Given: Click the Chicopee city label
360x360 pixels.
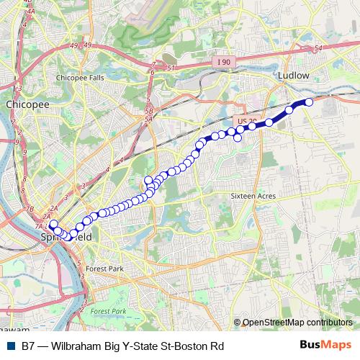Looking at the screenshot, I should pyautogui.click(x=27, y=104).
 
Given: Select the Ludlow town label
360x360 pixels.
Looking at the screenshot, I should pyautogui.click(x=293, y=75).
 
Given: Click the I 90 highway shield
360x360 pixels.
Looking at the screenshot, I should pyautogui.click(x=224, y=63).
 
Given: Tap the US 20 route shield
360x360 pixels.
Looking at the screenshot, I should pyautogui.click(x=246, y=121).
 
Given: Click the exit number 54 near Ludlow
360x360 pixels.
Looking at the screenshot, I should pyautogui.click(x=318, y=48).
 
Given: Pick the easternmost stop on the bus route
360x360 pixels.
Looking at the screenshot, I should pyautogui.click(x=310, y=102).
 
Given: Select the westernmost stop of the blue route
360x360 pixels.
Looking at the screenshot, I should pyautogui.click(x=53, y=225).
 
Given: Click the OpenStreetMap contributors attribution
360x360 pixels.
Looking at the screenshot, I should pyautogui.click(x=297, y=323).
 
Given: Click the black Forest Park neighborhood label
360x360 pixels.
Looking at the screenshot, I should pyautogui.click(x=105, y=269).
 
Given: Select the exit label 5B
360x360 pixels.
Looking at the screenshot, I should pyautogui.click(x=149, y=112).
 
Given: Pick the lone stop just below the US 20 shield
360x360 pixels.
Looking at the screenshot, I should pyautogui.click(x=238, y=138).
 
